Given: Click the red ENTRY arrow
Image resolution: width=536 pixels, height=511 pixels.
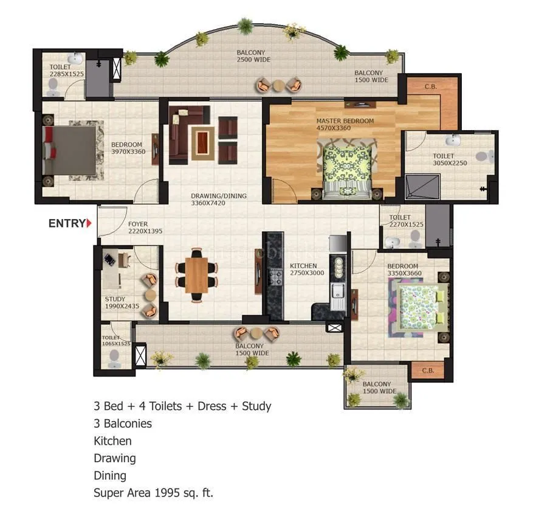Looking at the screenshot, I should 90,223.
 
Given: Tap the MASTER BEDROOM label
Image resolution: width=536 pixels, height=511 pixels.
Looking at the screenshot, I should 345,121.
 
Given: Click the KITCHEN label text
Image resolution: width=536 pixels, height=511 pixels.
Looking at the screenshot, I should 303,266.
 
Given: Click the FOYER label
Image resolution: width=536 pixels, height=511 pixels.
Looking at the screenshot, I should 138,224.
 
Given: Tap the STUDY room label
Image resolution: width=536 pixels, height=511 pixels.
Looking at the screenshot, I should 115,299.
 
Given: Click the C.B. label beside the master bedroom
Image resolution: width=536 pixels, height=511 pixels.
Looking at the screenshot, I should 430,86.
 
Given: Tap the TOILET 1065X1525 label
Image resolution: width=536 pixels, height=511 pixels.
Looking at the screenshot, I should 115,340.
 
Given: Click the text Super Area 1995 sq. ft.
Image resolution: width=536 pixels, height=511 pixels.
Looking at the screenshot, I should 153,493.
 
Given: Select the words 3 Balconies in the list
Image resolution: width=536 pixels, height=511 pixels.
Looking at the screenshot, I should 122,423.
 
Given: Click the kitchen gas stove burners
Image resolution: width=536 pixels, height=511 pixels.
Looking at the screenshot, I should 276,279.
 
